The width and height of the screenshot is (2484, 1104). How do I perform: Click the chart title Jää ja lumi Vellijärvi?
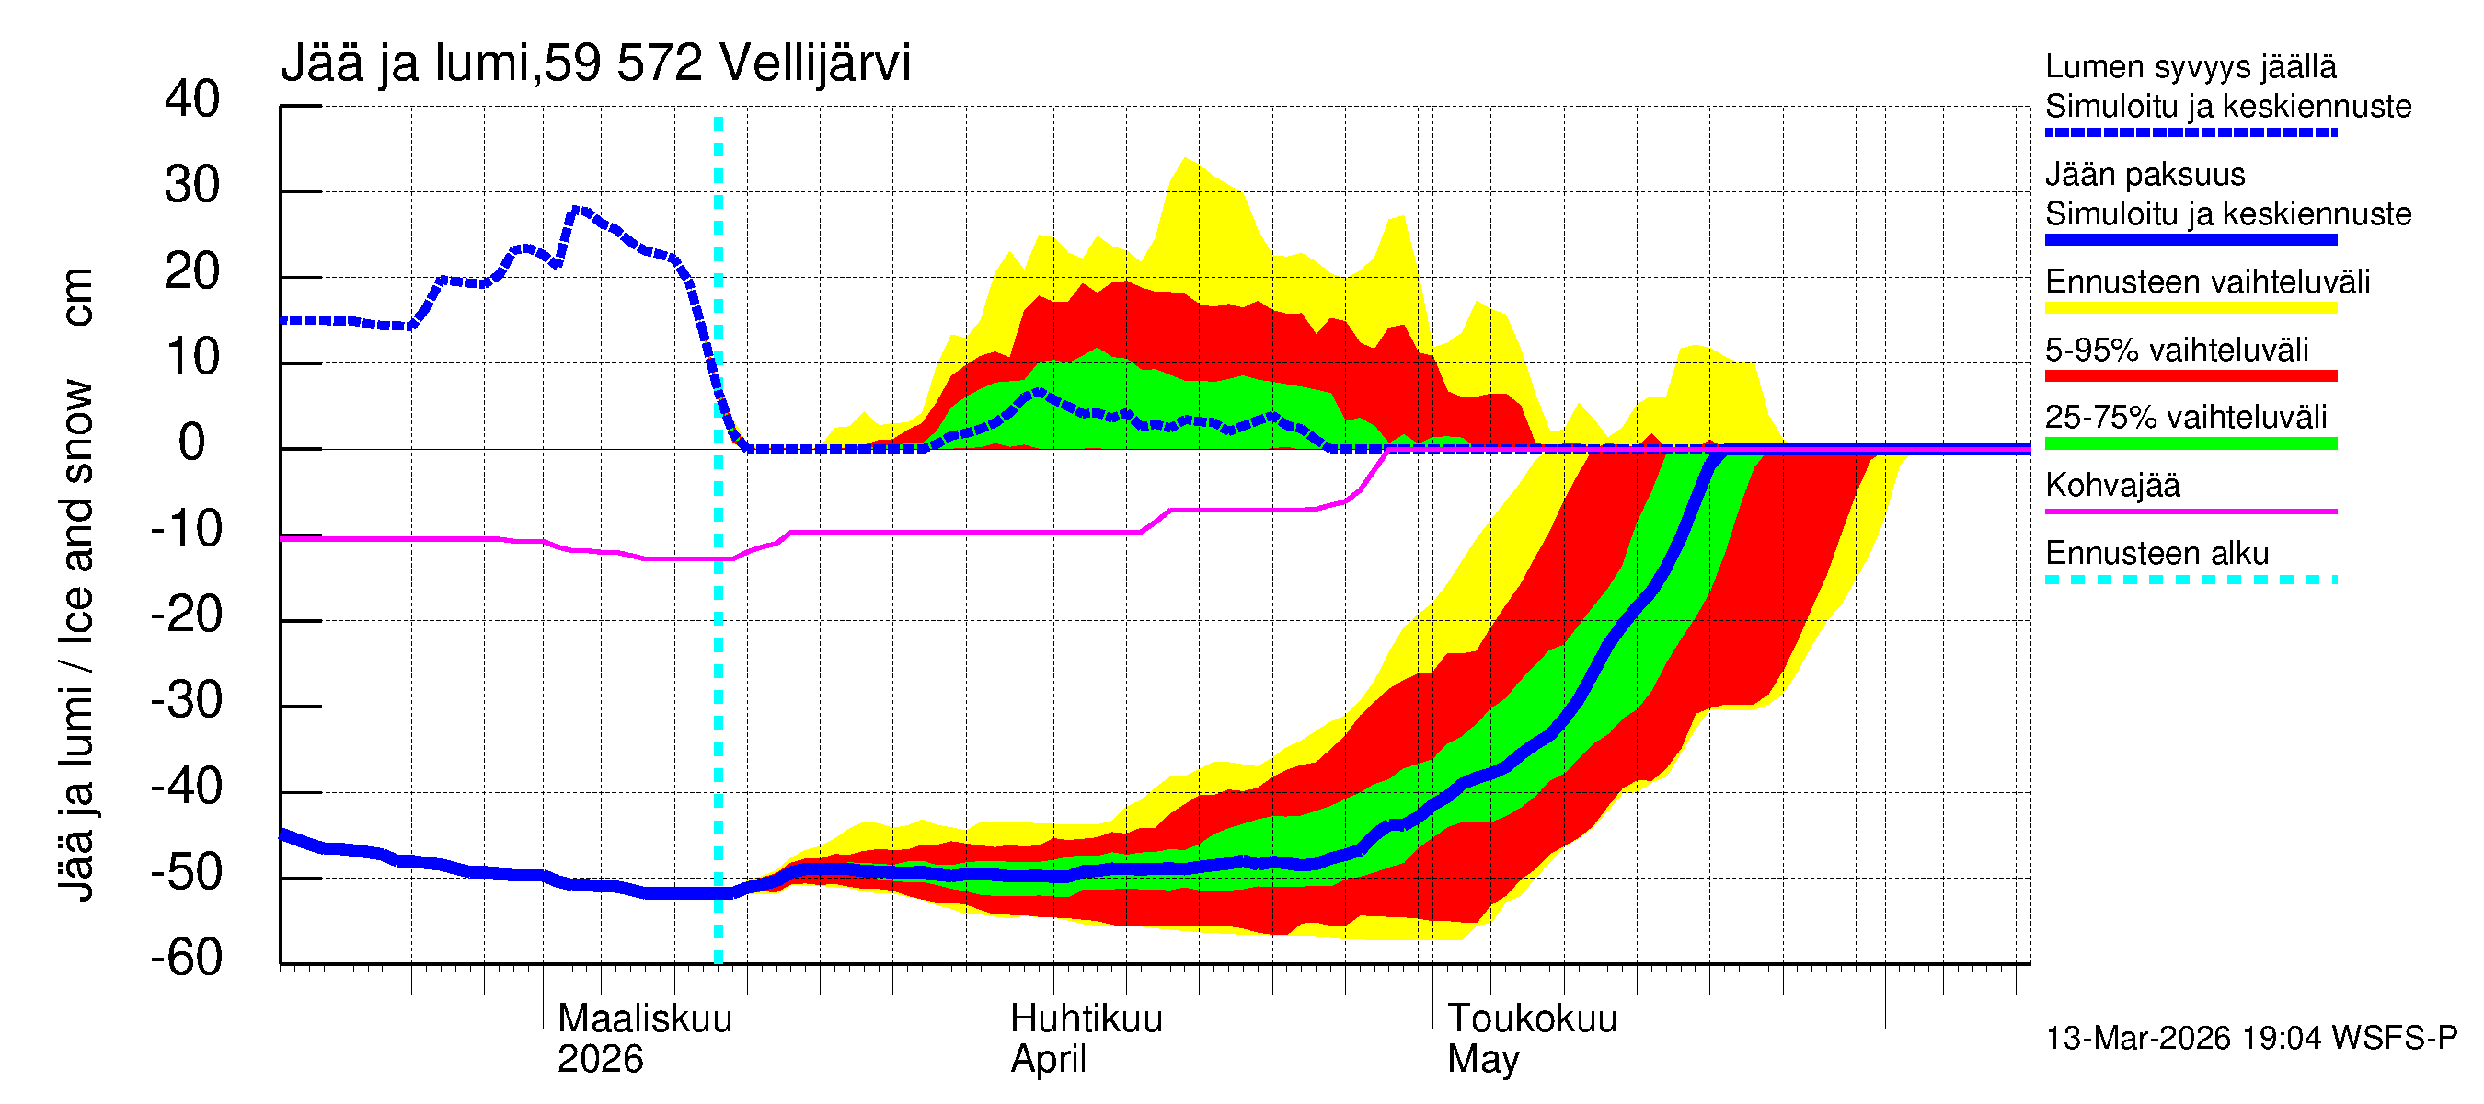(595, 63)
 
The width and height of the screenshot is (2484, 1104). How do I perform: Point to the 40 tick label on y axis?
(192, 99)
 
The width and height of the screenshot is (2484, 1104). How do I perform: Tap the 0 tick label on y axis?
(192, 443)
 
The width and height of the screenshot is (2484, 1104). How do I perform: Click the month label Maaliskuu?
(644, 1018)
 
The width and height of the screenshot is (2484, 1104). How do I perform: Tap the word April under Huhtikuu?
(1047, 1060)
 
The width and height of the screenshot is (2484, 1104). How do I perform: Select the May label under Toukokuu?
(1482, 1060)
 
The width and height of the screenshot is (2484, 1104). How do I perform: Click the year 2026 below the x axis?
(600, 1060)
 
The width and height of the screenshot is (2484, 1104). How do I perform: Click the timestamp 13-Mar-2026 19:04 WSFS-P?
(2250, 1039)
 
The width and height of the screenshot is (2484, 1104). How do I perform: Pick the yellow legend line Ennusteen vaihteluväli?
(2190, 308)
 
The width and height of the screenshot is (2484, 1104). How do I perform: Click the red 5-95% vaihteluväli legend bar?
(2190, 376)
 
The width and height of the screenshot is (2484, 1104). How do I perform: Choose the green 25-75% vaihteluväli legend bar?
(2190, 443)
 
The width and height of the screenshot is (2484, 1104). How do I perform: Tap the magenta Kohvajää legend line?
(2190, 511)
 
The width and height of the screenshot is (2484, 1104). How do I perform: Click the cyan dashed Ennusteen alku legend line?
(2190, 580)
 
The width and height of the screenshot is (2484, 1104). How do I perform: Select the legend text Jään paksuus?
(2145, 175)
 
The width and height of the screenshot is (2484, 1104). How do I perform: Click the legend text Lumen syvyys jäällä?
(2190, 66)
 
